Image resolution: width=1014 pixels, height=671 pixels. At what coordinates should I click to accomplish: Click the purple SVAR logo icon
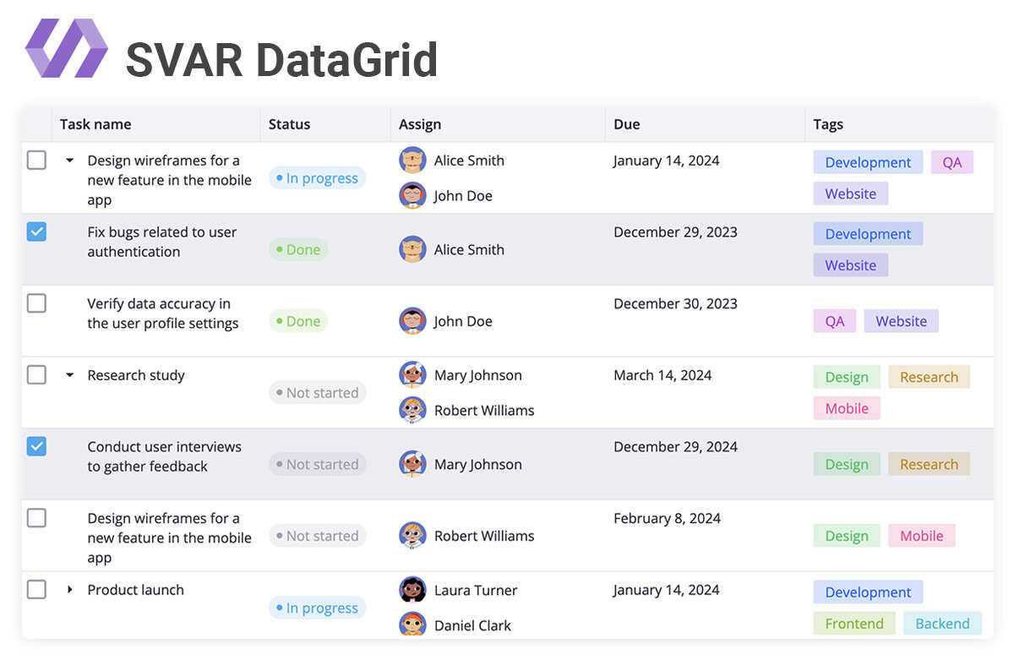[67, 48]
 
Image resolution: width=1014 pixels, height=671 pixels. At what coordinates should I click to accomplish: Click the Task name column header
[95, 124]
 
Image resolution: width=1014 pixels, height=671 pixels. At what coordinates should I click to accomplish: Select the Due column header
[626, 124]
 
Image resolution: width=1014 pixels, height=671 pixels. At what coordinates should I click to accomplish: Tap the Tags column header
[828, 124]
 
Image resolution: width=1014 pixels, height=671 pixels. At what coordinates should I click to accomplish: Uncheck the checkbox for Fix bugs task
[36, 232]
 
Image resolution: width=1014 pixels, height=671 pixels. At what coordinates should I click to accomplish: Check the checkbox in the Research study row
[36, 374]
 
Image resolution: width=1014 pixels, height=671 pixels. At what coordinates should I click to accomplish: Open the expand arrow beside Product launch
[70, 590]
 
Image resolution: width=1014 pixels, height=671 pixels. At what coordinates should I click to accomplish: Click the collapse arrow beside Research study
[70, 375]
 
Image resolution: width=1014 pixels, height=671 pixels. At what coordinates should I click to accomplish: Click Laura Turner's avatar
[412, 590]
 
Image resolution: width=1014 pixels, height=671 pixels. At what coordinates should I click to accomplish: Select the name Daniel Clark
[472, 625]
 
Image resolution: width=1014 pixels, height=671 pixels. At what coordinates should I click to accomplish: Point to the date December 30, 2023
[675, 303]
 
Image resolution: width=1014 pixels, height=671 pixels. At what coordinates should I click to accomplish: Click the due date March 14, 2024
[662, 375]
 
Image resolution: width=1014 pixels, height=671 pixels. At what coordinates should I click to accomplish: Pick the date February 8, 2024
[667, 518]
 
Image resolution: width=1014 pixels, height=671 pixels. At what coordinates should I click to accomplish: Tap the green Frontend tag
[854, 624]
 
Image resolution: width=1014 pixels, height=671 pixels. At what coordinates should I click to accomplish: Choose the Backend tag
[942, 624]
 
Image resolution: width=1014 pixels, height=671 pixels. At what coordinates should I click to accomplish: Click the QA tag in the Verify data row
[835, 321]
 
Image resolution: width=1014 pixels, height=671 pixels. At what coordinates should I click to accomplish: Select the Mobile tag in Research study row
[847, 408]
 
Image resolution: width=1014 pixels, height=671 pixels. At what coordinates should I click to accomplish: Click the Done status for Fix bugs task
[298, 250]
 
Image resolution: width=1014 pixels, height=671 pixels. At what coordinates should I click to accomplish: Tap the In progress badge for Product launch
[317, 608]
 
